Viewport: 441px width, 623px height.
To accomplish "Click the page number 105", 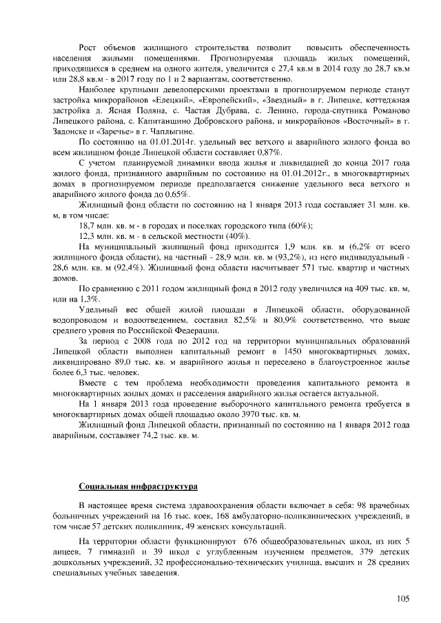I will point(403,598).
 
